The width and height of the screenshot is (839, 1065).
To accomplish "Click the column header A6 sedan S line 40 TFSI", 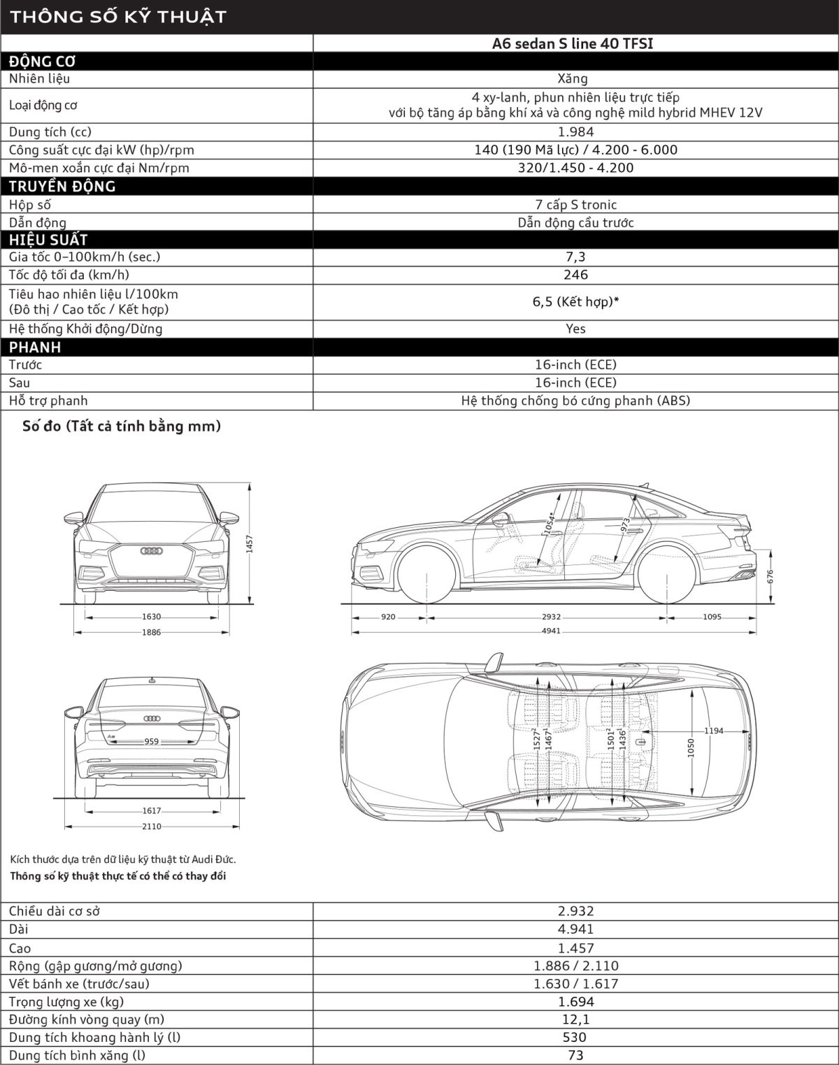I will click(575, 43).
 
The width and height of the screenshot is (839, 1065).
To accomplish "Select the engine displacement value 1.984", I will click(575, 132).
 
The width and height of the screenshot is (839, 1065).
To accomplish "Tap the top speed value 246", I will click(575, 275).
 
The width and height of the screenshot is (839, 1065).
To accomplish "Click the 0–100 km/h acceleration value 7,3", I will click(575, 257).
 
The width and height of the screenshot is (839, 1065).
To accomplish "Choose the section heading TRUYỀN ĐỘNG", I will click(62, 187).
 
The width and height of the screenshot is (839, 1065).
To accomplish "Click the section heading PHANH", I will click(35, 348).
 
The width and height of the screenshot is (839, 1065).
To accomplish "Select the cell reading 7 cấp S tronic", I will click(575, 205).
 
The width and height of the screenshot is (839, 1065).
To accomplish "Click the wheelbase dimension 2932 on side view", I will click(551, 617).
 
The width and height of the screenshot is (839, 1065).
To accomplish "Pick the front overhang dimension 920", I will click(388, 617).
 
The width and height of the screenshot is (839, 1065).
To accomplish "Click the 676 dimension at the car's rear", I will click(770, 576).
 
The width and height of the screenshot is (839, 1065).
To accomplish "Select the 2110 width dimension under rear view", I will click(152, 827).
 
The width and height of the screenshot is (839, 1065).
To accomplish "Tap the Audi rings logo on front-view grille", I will click(152, 551).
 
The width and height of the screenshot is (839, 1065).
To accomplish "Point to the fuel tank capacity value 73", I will click(575, 1056).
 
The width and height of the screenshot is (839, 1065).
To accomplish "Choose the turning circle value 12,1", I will click(575, 1020).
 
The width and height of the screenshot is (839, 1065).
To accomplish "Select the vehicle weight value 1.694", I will click(575, 1001).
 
